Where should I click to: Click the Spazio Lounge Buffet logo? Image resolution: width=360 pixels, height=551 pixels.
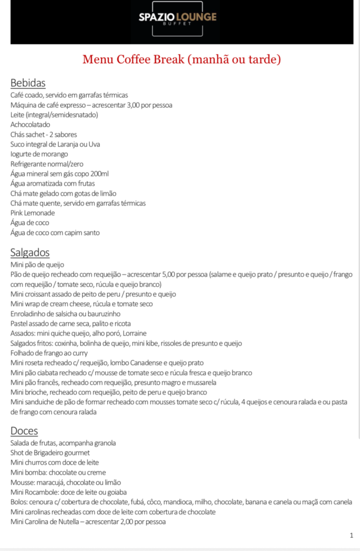click(x=178, y=20)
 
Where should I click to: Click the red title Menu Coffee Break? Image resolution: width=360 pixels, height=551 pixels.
click(x=181, y=59)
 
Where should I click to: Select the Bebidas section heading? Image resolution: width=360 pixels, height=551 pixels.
click(x=28, y=83)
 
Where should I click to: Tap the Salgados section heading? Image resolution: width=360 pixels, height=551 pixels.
click(x=30, y=252)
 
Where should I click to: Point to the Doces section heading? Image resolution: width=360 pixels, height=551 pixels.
click(x=24, y=431)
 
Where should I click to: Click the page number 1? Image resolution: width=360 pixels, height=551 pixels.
click(x=351, y=535)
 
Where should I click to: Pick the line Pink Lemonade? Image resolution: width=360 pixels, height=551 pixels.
click(x=32, y=213)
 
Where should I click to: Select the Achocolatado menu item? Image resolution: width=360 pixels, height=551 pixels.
click(x=30, y=124)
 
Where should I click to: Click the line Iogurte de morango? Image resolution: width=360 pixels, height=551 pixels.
click(x=39, y=154)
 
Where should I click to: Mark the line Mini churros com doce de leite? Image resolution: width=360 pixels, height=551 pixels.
click(x=54, y=462)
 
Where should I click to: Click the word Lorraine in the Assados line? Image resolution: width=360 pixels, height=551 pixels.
click(x=135, y=333)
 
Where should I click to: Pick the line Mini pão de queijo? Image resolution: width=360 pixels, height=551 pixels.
click(x=37, y=265)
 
